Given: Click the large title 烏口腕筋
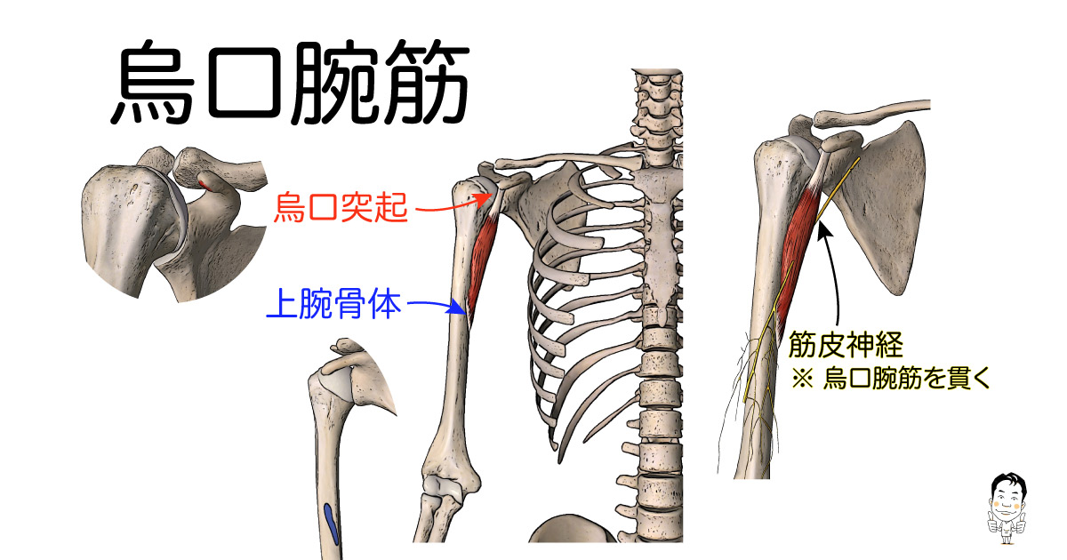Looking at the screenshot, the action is coord(291,82).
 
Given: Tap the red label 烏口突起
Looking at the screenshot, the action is coord(341,207).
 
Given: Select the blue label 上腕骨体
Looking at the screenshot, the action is coord(333,304).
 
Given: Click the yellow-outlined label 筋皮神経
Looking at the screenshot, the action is coord(846,344).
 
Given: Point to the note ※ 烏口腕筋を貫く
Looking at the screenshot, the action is coord(890,378).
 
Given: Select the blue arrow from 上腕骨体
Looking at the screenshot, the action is coord(437,306).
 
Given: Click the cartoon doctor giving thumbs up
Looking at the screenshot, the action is coord(1006,508).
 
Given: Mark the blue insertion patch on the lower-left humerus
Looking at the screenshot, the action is coord(331,524).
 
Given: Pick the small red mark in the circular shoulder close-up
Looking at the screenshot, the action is coord(205,185).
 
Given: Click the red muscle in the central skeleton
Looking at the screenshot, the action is coord(482,260).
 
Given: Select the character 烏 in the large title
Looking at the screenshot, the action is coord(153,82).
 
